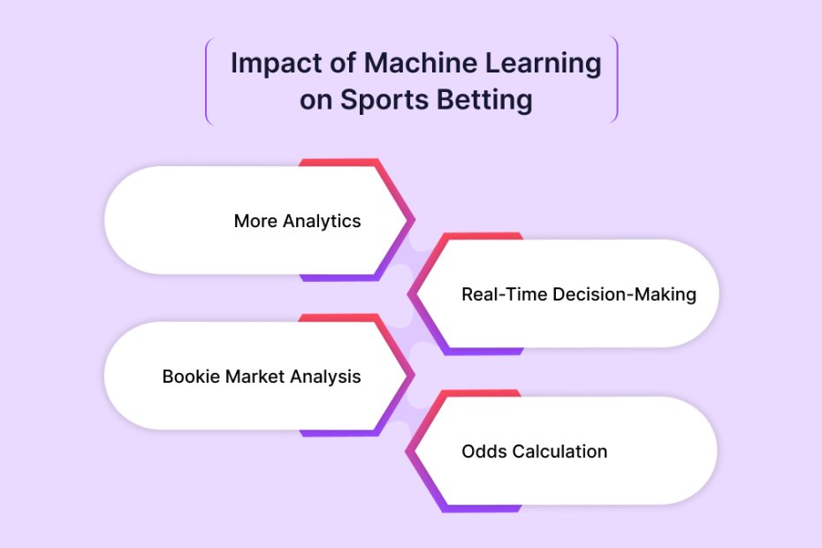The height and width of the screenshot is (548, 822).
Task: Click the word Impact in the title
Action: [x=276, y=65]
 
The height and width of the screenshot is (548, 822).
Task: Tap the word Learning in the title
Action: [x=543, y=65]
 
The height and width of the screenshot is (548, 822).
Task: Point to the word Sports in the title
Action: [x=384, y=101]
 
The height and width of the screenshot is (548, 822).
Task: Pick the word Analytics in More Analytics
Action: [x=322, y=222]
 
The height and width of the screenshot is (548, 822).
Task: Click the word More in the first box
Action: [x=255, y=221]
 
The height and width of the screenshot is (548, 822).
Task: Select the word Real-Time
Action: [x=505, y=294]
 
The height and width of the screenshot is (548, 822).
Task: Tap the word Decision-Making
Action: [x=624, y=295]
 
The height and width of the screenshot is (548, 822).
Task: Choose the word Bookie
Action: [x=191, y=377]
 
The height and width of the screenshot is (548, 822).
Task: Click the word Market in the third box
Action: [x=255, y=377]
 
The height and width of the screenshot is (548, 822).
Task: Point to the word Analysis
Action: [x=325, y=377]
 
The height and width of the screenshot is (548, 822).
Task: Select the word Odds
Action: [x=484, y=452]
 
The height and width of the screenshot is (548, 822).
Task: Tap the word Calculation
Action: [x=559, y=452]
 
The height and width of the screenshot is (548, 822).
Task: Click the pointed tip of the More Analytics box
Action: [x=415, y=220]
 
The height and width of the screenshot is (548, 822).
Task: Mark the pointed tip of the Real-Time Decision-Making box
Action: [x=408, y=294]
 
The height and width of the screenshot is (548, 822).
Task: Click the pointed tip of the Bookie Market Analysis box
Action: [x=415, y=375]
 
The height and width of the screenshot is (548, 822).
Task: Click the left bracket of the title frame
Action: [x=207, y=80]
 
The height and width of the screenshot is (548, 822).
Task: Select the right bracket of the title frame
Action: [x=617, y=80]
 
